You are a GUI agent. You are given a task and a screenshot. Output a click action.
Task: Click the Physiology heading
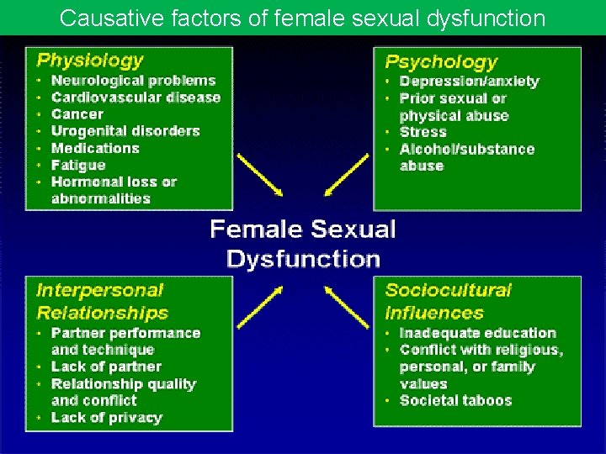90,60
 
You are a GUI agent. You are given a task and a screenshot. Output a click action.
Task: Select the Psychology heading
441,61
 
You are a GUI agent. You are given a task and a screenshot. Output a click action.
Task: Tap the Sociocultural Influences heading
448,301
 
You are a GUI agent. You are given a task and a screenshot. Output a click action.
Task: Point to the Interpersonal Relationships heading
102,301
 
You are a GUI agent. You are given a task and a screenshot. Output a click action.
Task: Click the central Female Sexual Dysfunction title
303,243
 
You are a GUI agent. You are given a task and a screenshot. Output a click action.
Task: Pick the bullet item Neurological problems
133,81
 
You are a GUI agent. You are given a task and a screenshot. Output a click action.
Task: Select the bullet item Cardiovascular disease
136,98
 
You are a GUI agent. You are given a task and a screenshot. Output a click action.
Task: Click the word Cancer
77,114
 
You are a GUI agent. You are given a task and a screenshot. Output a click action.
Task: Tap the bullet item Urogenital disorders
125,131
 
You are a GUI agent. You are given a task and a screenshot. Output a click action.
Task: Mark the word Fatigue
78,165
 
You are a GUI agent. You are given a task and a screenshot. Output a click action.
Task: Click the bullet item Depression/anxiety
469,82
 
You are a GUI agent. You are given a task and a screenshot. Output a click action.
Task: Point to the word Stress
423,132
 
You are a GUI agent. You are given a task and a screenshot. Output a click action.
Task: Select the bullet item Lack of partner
106,367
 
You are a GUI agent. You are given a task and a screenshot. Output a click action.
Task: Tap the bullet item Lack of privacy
106,418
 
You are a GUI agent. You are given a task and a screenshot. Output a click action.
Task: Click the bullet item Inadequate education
477,333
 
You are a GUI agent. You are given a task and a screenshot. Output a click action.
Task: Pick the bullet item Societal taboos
455,400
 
